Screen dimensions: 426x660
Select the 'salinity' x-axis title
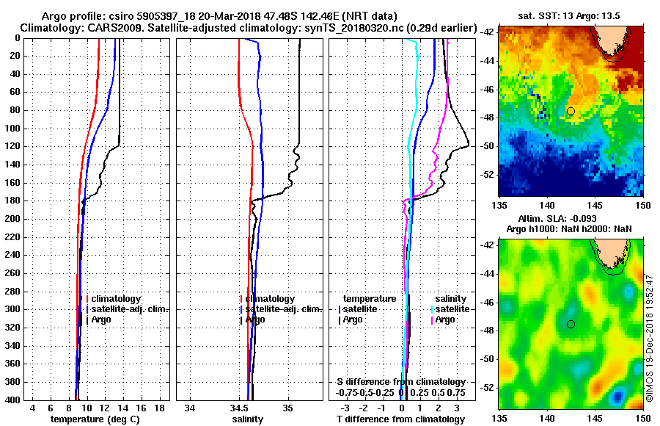click(248, 419)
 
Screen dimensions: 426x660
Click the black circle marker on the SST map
click(571, 111)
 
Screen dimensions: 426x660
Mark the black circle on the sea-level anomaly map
click(571, 324)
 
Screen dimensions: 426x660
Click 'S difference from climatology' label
click(400, 382)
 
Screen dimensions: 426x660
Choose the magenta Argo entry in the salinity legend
click(446, 319)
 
